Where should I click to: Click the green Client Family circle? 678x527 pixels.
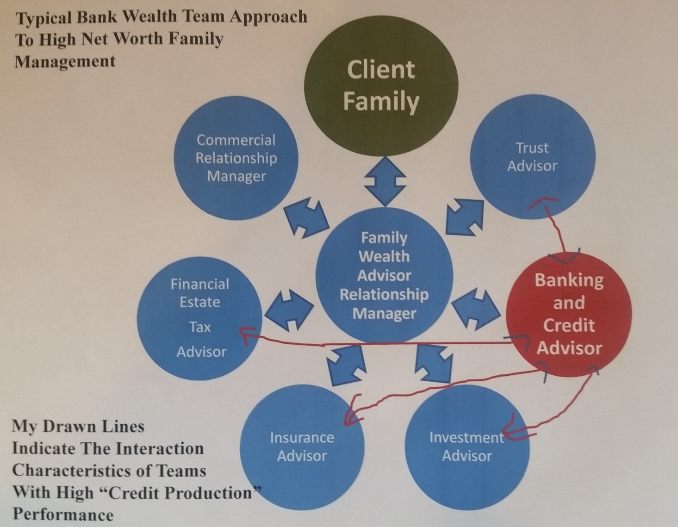coord(381,85)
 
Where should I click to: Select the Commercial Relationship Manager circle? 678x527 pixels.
coord(236,158)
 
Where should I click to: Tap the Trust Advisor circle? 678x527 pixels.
coord(532,157)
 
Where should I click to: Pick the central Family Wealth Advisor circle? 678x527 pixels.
coord(384,276)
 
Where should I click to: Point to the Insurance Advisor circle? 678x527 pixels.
coord(302,446)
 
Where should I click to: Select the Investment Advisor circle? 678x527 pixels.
coord(467,446)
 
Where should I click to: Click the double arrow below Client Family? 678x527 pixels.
coord(385,181)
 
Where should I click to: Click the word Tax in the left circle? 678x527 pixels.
coord(199,327)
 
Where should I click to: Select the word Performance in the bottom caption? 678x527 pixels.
coord(62,515)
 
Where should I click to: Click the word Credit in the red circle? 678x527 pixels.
coord(569,325)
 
